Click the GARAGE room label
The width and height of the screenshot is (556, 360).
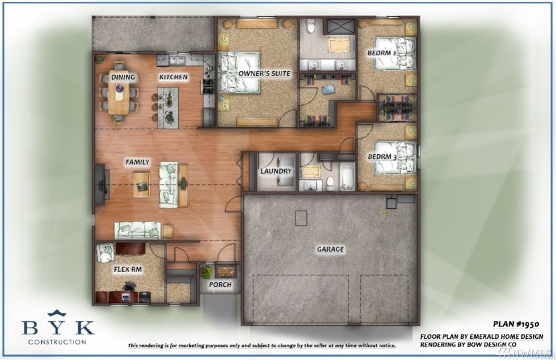tap(330, 249)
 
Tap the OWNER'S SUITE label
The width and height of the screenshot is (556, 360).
tap(264, 73)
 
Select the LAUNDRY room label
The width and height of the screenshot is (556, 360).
tap(276, 171)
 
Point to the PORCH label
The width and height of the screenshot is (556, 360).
tap(220, 284)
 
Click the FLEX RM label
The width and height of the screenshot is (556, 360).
tap(128, 269)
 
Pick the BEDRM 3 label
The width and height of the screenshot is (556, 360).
tap(382, 157)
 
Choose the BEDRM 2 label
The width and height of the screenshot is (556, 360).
tap(381, 53)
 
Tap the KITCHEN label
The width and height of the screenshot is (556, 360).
tap(174, 77)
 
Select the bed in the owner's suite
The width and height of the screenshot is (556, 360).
tap(239, 73)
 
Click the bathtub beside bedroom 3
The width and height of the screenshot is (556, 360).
tap(347, 177)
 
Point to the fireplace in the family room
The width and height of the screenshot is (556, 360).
tap(101, 184)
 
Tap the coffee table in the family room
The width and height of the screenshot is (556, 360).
tap(141, 184)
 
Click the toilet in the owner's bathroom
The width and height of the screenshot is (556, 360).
tap(311, 27)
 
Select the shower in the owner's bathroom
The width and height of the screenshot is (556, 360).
tap(341, 27)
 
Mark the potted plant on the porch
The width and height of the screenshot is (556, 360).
tap(206, 272)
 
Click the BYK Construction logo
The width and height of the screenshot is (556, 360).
tap(58, 327)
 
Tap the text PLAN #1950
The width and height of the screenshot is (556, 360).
tap(516, 324)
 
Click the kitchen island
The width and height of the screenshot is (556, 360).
tap(168, 108)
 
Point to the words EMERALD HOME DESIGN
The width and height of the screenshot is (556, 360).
tap(507, 336)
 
